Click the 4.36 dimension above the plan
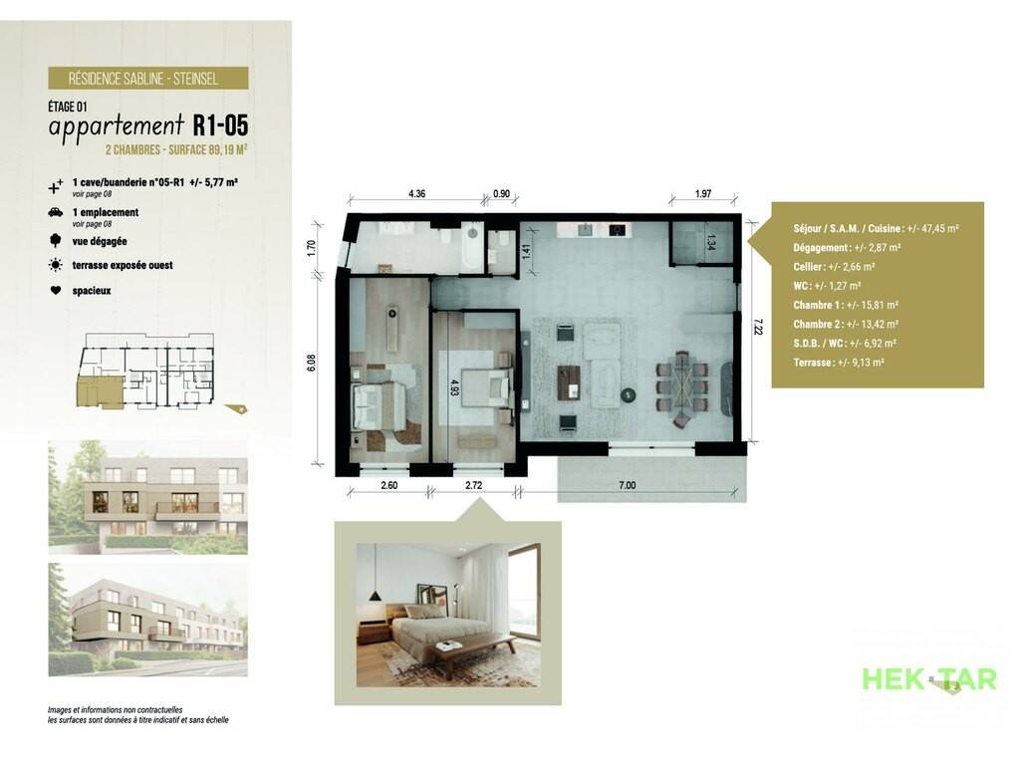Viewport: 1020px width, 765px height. [x=416, y=194]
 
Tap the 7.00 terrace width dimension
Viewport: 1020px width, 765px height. [x=628, y=485]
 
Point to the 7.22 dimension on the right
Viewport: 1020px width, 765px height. [x=758, y=326]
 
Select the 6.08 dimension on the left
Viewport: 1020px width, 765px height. [x=311, y=363]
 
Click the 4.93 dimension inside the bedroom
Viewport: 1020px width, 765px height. [x=454, y=388]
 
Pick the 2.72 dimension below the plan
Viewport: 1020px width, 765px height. [x=473, y=485]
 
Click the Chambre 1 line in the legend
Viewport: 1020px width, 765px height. [x=846, y=305]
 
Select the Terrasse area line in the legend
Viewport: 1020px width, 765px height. [x=839, y=363]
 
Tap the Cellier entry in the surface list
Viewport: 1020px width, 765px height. [x=834, y=267]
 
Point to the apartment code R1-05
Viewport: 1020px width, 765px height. [x=220, y=125]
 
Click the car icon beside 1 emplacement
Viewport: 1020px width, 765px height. [x=56, y=212]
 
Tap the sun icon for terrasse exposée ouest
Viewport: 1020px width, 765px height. [x=56, y=265]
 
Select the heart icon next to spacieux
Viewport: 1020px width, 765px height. [x=56, y=290]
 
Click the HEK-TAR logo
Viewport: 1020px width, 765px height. [x=929, y=679]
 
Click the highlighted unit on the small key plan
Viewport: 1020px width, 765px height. [x=99, y=392]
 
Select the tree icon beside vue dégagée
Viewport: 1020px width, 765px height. [x=56, y=241]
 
